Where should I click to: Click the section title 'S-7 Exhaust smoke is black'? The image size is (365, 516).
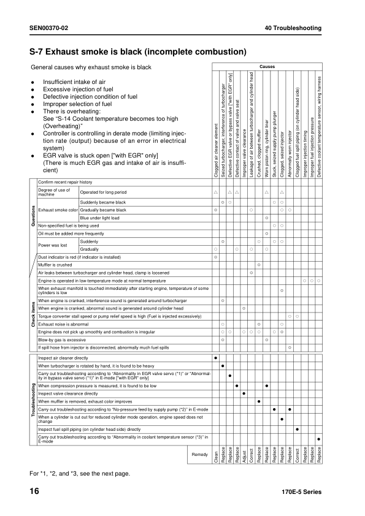(x=138, y=51)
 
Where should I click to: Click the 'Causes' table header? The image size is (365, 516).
(x=267, y=66)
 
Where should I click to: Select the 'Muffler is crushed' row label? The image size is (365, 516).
(x=54, y=264)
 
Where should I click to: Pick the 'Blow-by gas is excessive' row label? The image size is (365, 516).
(x=61, y=339)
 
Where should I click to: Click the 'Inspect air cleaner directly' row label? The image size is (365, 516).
(x=63, y=357)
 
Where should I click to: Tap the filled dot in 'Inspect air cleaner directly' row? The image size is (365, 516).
(x=215, y=357)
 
